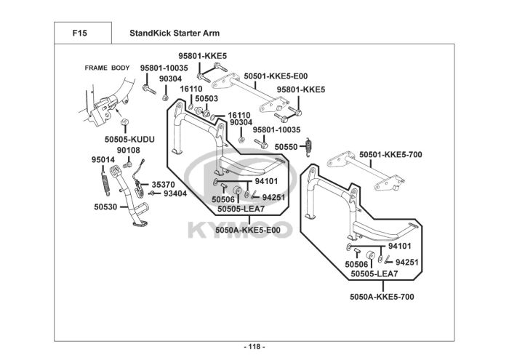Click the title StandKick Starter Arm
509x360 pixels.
[174, 33]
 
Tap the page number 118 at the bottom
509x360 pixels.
[254, 345]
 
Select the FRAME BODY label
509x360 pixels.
[107, 68]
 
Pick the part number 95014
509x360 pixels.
[102, 159]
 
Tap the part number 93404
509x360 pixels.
[175, 194]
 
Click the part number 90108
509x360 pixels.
[129, 150]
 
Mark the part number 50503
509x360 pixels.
[207, 97]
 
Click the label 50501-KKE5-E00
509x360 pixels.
[276, 75]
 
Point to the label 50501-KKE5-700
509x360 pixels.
[390, 154]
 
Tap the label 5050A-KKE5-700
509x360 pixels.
[382, 296]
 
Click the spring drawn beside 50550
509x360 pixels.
[308, 145]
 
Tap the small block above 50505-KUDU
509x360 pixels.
[124, 121]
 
